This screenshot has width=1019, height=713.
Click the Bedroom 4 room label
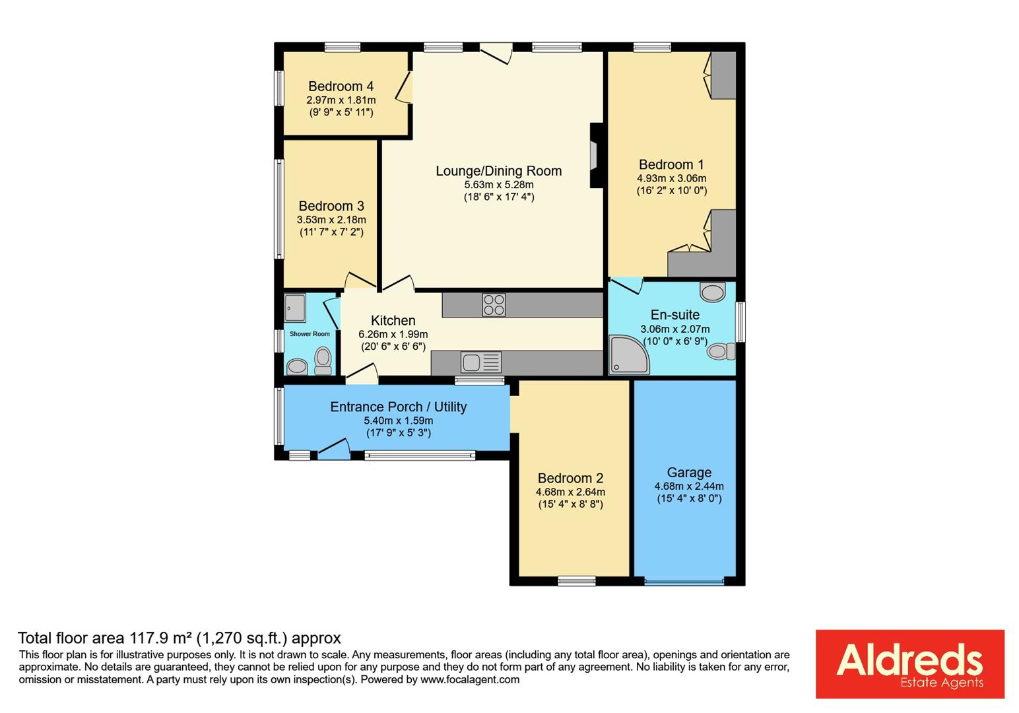tap(341, 86)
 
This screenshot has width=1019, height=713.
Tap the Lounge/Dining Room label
tap(498, 171)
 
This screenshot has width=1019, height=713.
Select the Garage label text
tap(689, 473)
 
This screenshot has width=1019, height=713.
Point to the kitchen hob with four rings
tap(494, 305)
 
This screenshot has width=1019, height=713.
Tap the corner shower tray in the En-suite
tap(628, 355)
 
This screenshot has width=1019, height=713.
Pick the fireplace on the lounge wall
tap(595, 156)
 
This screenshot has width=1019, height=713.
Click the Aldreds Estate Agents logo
tap(909, 663)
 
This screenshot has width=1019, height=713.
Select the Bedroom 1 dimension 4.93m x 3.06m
tap(671, 178)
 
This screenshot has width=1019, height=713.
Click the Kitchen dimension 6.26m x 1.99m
tap(393, 334)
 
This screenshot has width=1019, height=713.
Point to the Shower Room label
tap(310, 334)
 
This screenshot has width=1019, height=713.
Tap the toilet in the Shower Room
tap(323, 360)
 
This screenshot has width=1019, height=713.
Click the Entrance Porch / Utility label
tap(398, 407)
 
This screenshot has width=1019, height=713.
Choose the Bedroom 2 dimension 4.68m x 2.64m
tap(570, 492)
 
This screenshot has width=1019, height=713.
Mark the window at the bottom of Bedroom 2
tap(576, 581)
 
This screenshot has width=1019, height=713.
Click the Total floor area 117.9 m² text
tap(179, 638)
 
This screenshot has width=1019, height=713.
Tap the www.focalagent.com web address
tap(469, 679)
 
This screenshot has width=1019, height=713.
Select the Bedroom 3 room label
tap(331, 206)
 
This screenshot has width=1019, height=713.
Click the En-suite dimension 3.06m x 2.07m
tap(674, 329)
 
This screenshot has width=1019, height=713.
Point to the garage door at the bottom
tap(684, 582)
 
